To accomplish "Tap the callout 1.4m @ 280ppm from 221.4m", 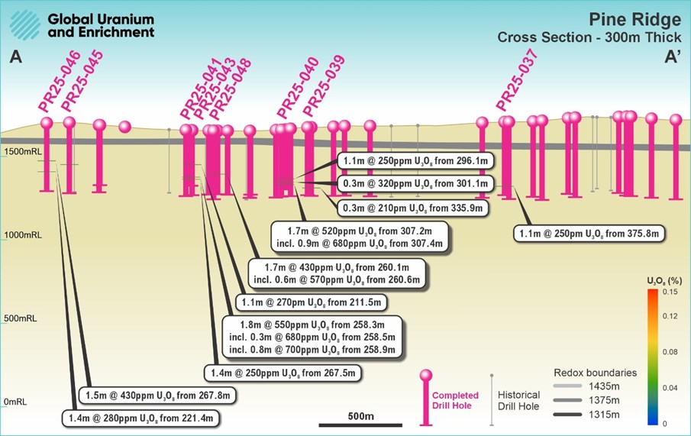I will point(142,418).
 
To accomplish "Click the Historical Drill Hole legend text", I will point(519,400).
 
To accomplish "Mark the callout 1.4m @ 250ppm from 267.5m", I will point(283,373).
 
